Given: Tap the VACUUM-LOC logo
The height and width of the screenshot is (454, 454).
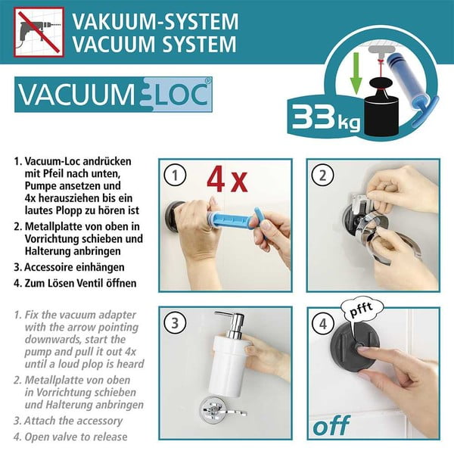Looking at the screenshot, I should (x=113, y=96).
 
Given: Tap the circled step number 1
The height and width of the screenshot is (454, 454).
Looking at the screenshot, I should (x=176, y=176).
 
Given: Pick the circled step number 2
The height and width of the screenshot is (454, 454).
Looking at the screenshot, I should (x=324, y=176).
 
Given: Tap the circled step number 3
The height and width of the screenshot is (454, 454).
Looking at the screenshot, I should (x=176, y=324).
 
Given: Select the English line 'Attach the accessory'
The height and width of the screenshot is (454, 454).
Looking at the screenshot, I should (x=73, y=421).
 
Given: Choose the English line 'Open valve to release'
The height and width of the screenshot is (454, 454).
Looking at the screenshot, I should (x=73, y=437).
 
